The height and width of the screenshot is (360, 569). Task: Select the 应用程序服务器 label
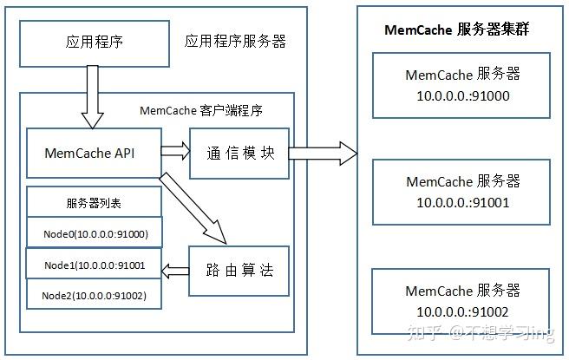tap(235, 42)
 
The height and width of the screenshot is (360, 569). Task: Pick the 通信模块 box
tap(240, 153)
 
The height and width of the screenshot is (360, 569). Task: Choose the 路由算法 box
tap(240, 271)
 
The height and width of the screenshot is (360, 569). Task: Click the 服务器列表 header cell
tap(94, 203)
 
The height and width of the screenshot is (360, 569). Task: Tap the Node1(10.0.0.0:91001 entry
tap(94, 265)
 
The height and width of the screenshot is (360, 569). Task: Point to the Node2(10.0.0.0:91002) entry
tap(94, 296)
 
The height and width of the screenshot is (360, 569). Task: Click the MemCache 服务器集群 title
tap(457, 29)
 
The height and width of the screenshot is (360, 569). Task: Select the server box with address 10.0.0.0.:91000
tap(462, 85)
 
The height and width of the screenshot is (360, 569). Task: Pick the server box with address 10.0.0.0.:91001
tap(462, 192)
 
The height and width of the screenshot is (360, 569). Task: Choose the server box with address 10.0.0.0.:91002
tap(462, 300)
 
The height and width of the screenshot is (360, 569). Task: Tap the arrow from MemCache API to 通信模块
tap(175, 152)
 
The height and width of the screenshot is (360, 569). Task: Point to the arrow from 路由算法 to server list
tap(176, 271)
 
